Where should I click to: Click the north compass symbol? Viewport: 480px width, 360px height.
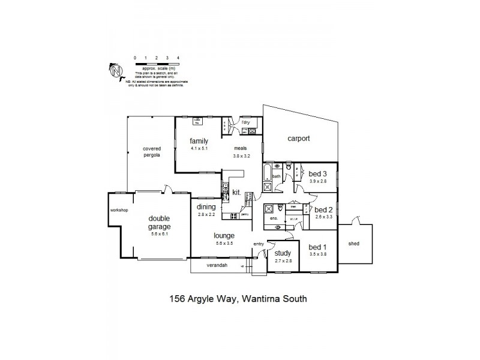(116, 71)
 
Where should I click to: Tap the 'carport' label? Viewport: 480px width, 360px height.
(298, 138)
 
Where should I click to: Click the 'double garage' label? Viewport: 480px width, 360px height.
(160, 223)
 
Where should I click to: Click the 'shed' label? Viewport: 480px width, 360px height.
(355, 244)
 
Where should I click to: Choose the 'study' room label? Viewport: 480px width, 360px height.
(283, 253)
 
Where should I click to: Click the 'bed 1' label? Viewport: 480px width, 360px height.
(317, 247)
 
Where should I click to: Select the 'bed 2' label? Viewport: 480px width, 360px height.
(323, 209)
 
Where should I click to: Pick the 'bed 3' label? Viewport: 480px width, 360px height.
(318, 173)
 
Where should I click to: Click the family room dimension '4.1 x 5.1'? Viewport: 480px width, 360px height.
(199, 148)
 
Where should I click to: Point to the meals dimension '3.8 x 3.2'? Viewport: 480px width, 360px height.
(242, 155)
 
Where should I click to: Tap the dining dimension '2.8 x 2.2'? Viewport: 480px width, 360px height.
(206, 214)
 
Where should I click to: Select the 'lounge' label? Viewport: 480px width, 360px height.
(223, 235)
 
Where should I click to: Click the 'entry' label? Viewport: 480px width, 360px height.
(258, 244)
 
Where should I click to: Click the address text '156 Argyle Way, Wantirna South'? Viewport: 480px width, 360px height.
(239, 298)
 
